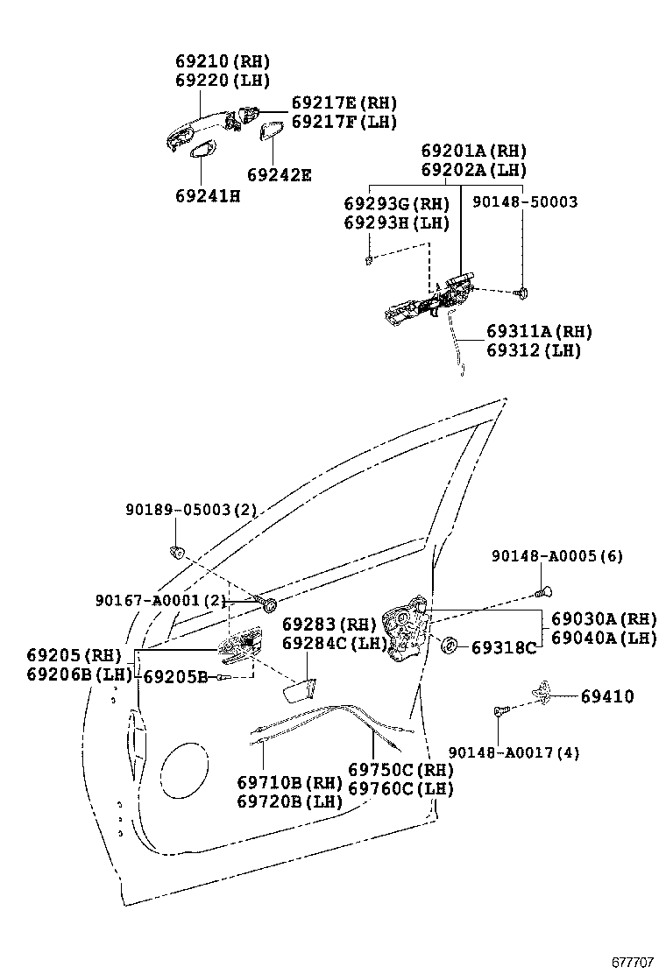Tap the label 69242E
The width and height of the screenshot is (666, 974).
[x=279, y=174]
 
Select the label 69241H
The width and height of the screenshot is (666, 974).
[x=207, y=195]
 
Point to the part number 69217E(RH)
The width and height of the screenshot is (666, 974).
[x=344, y=103]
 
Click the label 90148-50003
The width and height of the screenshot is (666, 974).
[x=524, y=202]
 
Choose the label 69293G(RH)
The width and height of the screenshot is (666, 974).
[x=396, y=204]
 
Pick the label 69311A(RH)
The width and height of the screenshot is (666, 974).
[x=539, y=332]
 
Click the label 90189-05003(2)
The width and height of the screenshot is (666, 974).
[x=190, y=510]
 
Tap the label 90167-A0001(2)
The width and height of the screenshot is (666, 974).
[x=160, y=600]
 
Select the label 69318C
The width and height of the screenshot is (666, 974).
[x=503, y=648]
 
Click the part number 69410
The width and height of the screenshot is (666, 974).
[x=606, y=696]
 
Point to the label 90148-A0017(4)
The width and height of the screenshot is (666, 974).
[x=514, y=752]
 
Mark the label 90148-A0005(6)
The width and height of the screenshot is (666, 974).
[x=556, y=556]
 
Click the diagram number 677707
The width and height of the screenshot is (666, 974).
[x=632, y=960]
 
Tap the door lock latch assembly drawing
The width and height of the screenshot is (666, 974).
[x=406, y=625]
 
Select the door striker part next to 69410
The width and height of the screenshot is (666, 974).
[x=544, y=693]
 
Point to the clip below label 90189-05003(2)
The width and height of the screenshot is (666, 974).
[x=176, y=551]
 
